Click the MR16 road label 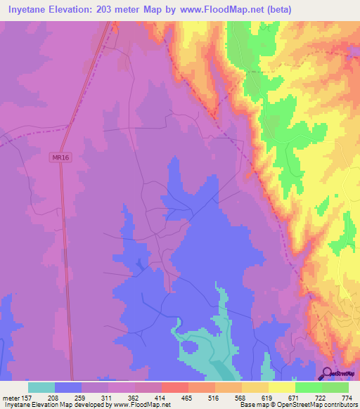(x=60, y=158)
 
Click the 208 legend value (x=56, y=397)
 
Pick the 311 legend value (x=109, y=397)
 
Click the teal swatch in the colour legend (x=41, y=387)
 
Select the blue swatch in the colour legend (x=68, y=387)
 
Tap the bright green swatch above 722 (x=309, y=387)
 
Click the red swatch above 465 (x=175, y=387)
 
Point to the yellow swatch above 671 (x=282, y=387)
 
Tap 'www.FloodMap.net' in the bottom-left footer (x=143, y=405)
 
